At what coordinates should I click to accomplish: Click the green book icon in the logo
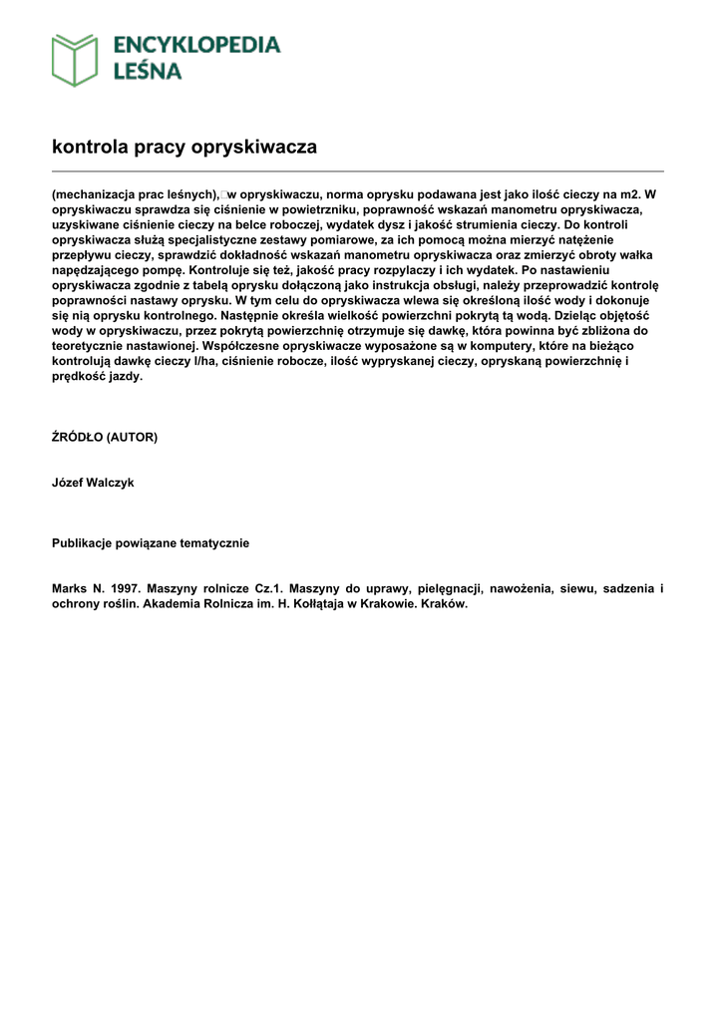(x=75, y=59)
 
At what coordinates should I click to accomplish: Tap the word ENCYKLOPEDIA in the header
(x=196, y=45)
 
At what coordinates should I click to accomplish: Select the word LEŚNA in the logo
(x=147, y=71)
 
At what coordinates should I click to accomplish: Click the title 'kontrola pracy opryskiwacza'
(x=184, y=147)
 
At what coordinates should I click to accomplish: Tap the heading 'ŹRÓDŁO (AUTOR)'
(x=105, y=437)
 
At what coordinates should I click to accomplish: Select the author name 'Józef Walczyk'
(x=93, y=483)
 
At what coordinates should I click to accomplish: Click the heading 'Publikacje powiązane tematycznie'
(x=151, y=543)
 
